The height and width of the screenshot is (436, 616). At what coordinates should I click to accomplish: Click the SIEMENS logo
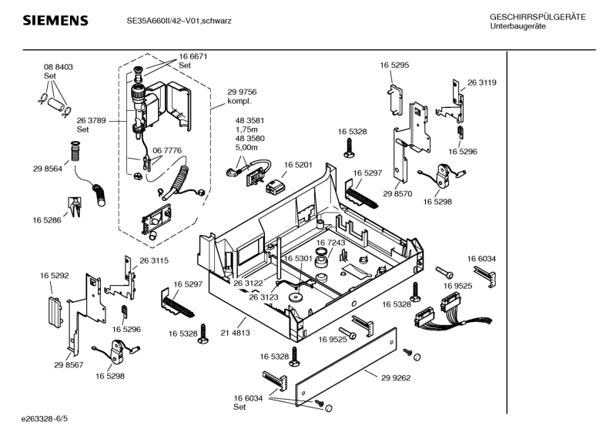pyautogui.click(x=54, y=20)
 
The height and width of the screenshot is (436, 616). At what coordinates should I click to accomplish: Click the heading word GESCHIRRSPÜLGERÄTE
pyautogui.click(x=537, y=17)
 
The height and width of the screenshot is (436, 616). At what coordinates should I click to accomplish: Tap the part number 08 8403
pyautogui.click(x=58, y=68)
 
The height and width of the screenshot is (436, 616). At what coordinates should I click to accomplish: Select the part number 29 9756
pyautogui.click(x=242, y=92)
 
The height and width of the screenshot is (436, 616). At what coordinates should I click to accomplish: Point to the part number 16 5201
pyautogui.click(x=297, y=165)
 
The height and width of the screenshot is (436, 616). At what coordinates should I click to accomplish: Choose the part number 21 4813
pyautogui.click(x=234, y=333)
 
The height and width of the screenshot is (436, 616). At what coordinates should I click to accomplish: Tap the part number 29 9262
pyautogui.click(x=396, y=377)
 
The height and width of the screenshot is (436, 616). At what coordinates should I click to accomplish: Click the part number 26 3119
pyautogui.click(x=481, y=82)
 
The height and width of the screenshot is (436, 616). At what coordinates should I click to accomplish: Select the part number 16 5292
pyautogui.click(x=55, y=274)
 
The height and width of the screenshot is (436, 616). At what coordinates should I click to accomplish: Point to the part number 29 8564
pyautogui.click(x=48, y=169)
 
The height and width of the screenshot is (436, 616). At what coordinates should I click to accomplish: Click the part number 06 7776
pyautogui.click(x=167, y=150)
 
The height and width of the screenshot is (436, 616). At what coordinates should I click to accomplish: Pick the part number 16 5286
pyautogui.click(x=48, y=220)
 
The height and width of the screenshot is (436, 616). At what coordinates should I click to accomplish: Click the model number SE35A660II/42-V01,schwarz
pyautogui.click(x=179, y=21)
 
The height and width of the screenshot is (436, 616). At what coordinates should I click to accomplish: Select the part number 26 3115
pyautogui.click(x=154, y=261)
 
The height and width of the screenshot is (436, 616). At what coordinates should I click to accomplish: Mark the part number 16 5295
pyautogui.click(x=393, y=66)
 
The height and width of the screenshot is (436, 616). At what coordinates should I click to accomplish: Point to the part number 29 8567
pyautogui.click(x=69, y=364)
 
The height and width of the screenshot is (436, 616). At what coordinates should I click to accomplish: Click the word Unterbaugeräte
pyautogui.click(x=517, y=26)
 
